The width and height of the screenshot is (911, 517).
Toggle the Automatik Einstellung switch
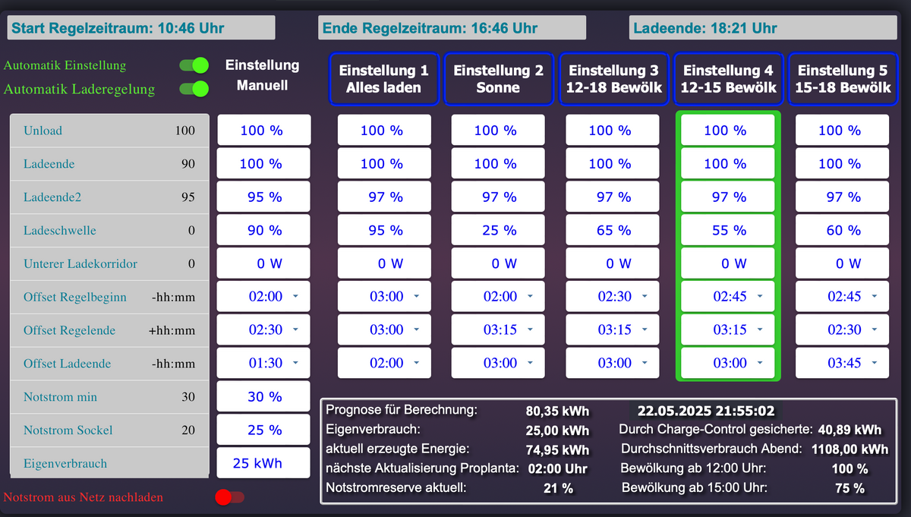point(194,65)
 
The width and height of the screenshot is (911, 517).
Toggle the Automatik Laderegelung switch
point(194,89)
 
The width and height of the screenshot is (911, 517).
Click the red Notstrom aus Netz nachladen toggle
point(229,497)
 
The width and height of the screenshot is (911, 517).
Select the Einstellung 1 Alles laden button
point(383,78)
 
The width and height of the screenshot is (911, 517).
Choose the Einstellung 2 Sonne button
point(498,78)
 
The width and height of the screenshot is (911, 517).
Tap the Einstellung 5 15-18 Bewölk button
point(843,78)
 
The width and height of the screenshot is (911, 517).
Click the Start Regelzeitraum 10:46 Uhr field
point(141,28)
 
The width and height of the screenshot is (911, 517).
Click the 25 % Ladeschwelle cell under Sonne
point(499,230)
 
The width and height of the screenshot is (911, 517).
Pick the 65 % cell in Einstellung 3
point(613,230)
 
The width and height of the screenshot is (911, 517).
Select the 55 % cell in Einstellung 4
point(728,230)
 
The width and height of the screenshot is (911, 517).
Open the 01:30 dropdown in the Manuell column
point(264,364)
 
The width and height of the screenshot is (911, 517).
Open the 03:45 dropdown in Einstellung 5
point(843,364)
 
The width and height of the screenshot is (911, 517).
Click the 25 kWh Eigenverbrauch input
point(263,463)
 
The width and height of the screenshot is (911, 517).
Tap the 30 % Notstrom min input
point(263,397)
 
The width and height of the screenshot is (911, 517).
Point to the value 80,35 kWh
point(557,411)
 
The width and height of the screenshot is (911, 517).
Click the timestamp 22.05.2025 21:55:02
point(706,411)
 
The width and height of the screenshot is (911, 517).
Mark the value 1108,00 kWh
point(850,449)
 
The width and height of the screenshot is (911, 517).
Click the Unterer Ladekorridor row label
point(80,264)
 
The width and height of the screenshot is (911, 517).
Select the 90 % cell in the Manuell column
point(263,230)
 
